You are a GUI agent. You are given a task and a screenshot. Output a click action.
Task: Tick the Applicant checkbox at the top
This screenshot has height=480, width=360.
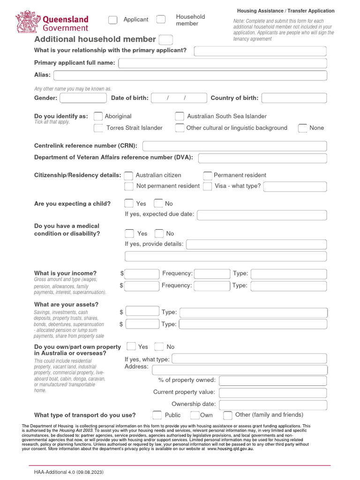tap(113, 20)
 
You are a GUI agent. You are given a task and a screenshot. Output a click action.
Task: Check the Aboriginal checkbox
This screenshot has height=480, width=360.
tap(98, 116)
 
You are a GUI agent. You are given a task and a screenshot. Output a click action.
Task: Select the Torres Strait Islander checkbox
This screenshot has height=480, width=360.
tap(98, 128)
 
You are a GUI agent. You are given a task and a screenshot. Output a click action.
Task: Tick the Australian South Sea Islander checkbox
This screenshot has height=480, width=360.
tap(180, 116)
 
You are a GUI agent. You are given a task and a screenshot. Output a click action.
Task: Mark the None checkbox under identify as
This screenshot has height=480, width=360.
tap(303, 128)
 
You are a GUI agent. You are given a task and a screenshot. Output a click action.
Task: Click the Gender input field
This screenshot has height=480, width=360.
tap(83, 98)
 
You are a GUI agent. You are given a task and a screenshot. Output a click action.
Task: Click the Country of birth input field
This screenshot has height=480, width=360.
tap(294, 98)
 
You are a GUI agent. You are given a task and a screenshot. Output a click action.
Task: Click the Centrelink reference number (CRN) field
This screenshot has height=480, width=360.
tap(234, 146)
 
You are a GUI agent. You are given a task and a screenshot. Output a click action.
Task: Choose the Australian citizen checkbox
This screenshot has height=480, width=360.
tap(128, 175)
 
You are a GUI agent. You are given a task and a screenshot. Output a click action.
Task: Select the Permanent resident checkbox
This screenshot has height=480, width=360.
tap(208, 175)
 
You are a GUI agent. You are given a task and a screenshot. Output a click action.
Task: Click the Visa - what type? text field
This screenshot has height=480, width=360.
tap(295, 187)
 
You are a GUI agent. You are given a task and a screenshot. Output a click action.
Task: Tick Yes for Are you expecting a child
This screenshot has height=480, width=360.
tap(129, 203)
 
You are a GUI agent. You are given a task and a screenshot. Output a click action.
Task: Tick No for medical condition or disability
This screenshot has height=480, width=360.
tap(159, 233)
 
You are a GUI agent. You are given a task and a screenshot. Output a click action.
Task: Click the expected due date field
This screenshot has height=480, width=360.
tap(262, 215)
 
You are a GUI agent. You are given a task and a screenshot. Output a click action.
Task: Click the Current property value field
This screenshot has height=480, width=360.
tap(272, 392)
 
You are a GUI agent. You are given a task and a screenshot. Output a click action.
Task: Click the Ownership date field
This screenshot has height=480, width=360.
tap(272, 404)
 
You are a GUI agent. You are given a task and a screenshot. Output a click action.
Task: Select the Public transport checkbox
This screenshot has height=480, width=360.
tap(157, 415)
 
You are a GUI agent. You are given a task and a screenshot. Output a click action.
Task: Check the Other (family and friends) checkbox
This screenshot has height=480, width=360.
tap(228, 415)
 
